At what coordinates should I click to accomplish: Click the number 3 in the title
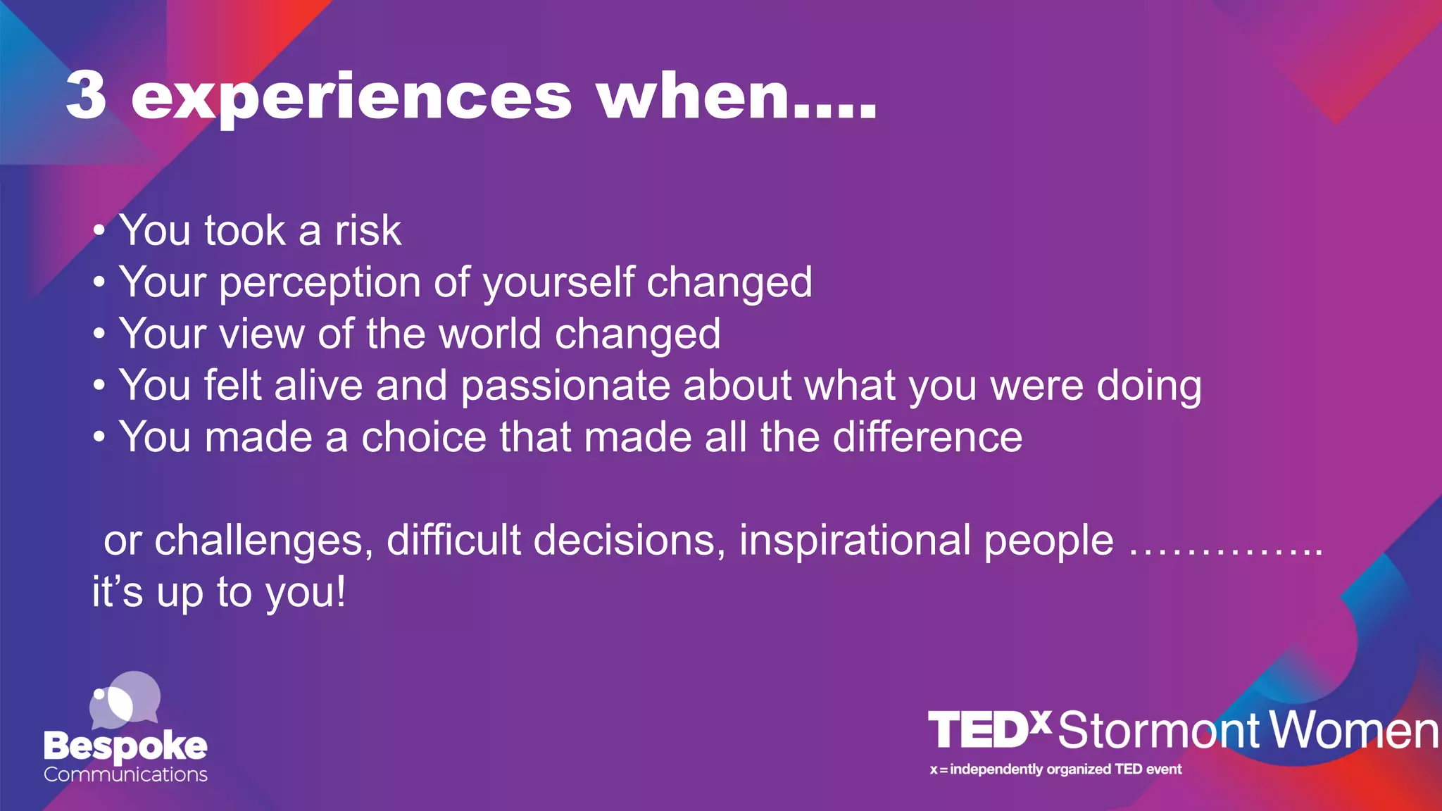point(86,96)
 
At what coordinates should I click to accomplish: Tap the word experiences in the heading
point(351,99)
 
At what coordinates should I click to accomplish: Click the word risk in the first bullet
point(368,230)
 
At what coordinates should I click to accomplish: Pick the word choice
point(423,437)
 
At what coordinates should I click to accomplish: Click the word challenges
point(263,541)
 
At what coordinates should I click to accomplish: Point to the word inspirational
point(855,541)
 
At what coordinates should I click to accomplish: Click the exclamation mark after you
point(341,591)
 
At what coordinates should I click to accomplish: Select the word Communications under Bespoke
point(125,774)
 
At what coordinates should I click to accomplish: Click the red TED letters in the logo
point(979,730)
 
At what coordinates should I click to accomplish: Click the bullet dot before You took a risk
point(99,231)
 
